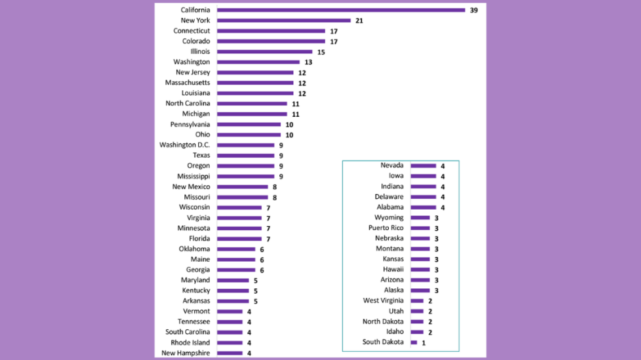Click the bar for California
(x=341, y=10)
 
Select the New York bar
(x=284, y=20)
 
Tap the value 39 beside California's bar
(x=474, y=10)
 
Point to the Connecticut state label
(x=191, y=31)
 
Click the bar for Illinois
(x=264, y=52)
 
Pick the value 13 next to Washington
(x=309, y=62)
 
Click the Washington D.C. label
(x=185, y=145)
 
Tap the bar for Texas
(x=245, y=156)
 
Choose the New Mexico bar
(x=243, y=186)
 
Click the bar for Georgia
(x=236, y=270)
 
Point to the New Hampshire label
(x=186, y=353)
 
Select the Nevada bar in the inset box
(x=423, y=166)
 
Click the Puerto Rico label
(x=385, y=228)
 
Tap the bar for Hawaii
(x=420, y=270)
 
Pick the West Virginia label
(x=383, y=301)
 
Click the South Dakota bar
(x=414, y=342)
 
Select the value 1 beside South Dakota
(x=424, y=343)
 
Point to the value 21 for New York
(x=359, y=21)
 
